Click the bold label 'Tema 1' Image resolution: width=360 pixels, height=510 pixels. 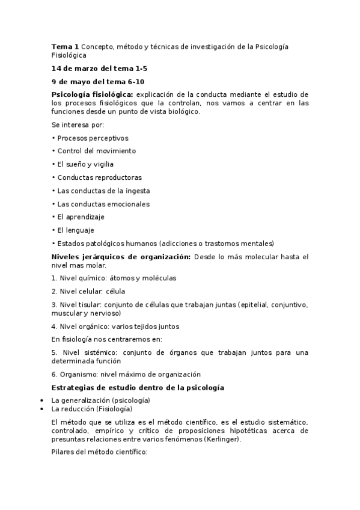coord(65,46)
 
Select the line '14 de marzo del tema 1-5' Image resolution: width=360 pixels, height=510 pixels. coord(99,69)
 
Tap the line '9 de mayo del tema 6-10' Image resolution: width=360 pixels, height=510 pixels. coord(98,82)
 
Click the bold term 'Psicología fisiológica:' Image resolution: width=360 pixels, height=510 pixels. coord(92,94)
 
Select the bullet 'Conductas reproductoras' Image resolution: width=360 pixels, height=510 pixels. coord(99,177)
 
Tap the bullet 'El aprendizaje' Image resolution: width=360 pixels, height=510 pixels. coord(83,217)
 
